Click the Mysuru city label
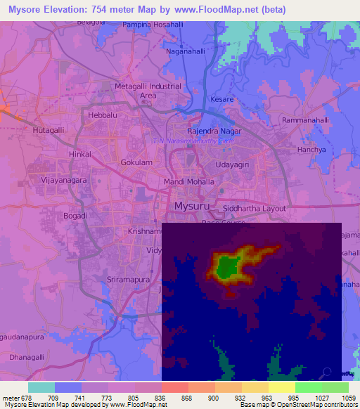(x=191, y=206)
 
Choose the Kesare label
(x=221, y=100)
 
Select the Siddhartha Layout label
(x=255, y=209)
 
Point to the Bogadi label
(x=76, y=216)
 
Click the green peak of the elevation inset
(x=226, y=267)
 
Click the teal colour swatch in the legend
(x=41, y=387)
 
